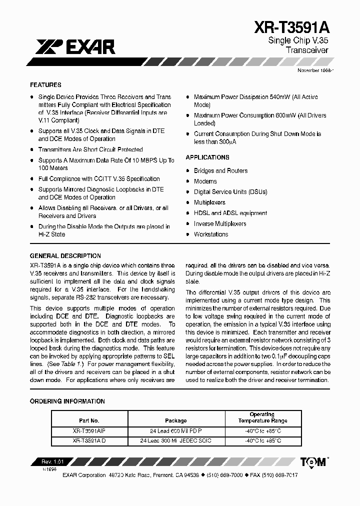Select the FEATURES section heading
[45, 85]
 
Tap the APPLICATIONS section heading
[207, 157]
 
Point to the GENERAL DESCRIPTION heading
[65, 255]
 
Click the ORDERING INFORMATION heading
[67, 401]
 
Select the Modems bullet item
[205, 181]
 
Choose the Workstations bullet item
[211, 234]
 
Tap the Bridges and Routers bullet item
[220, 171]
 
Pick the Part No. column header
[89, 421]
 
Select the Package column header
[175, 421]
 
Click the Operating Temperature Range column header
[262, 417]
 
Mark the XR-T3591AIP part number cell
[89, 431]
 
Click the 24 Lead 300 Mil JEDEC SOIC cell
[175, 440]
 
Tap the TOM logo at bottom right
[314, 461]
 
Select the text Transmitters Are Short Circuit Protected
[90, 149]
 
